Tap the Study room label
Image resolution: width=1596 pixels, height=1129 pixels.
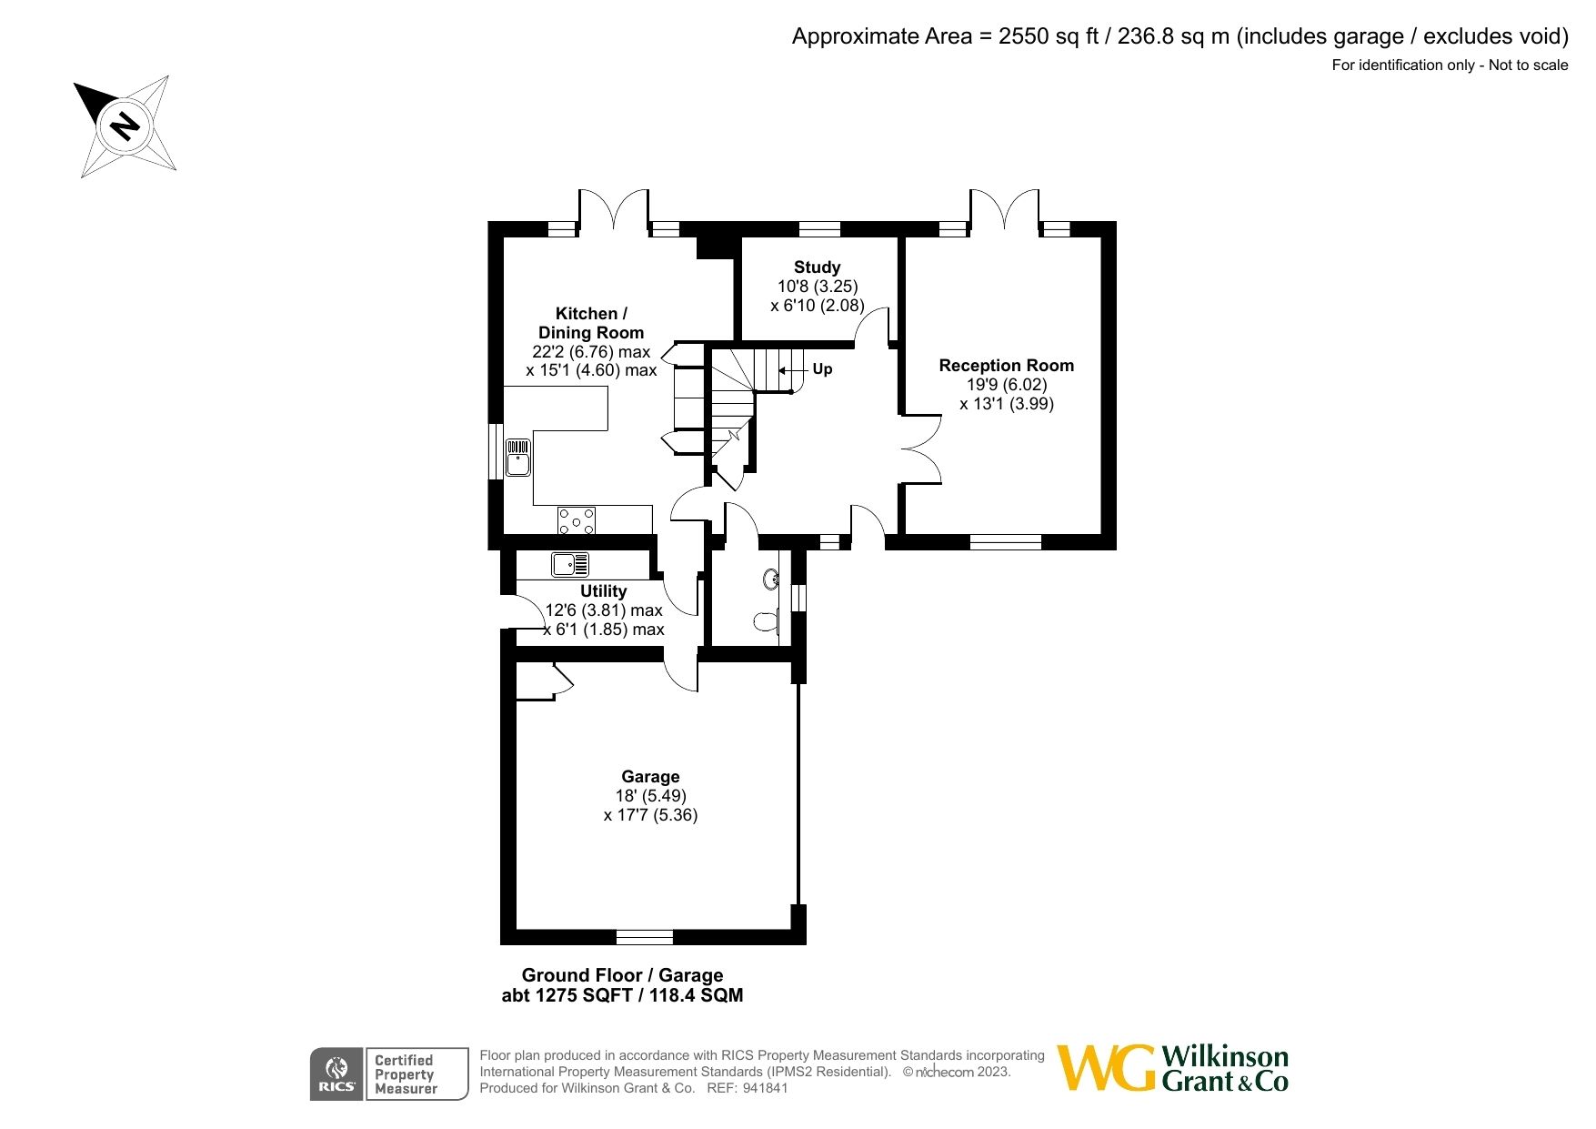coord(817,267)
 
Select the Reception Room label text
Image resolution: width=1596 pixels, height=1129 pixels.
coord(1006,366)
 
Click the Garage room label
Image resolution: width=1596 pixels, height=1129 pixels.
coord(650,777)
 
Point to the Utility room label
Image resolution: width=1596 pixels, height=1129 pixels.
coord(604,591)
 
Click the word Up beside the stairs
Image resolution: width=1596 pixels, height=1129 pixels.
coord(822,369)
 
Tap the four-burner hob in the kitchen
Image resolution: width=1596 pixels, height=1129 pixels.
coord(577,520)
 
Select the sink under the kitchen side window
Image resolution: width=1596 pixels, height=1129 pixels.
coord(517,457)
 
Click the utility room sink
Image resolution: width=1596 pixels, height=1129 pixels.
coord(570,565)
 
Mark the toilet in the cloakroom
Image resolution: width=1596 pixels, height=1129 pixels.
coord(767,622)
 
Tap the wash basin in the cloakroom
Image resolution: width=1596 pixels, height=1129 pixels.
coord(771,579)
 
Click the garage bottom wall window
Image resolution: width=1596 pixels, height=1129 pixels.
coord(645,937)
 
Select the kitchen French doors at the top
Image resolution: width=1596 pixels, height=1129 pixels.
coord(614,211)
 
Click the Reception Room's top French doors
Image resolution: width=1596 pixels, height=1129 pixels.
coord(1004,211)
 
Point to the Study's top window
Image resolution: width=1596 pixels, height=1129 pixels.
coord(819,228)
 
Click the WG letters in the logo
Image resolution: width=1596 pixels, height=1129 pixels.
coord(1106,1068)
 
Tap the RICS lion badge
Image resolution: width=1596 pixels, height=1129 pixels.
coord(336,1074)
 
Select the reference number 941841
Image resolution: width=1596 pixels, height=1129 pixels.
coord(765,1088)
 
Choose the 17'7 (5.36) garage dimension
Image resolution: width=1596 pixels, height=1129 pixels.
coord(650,815)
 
